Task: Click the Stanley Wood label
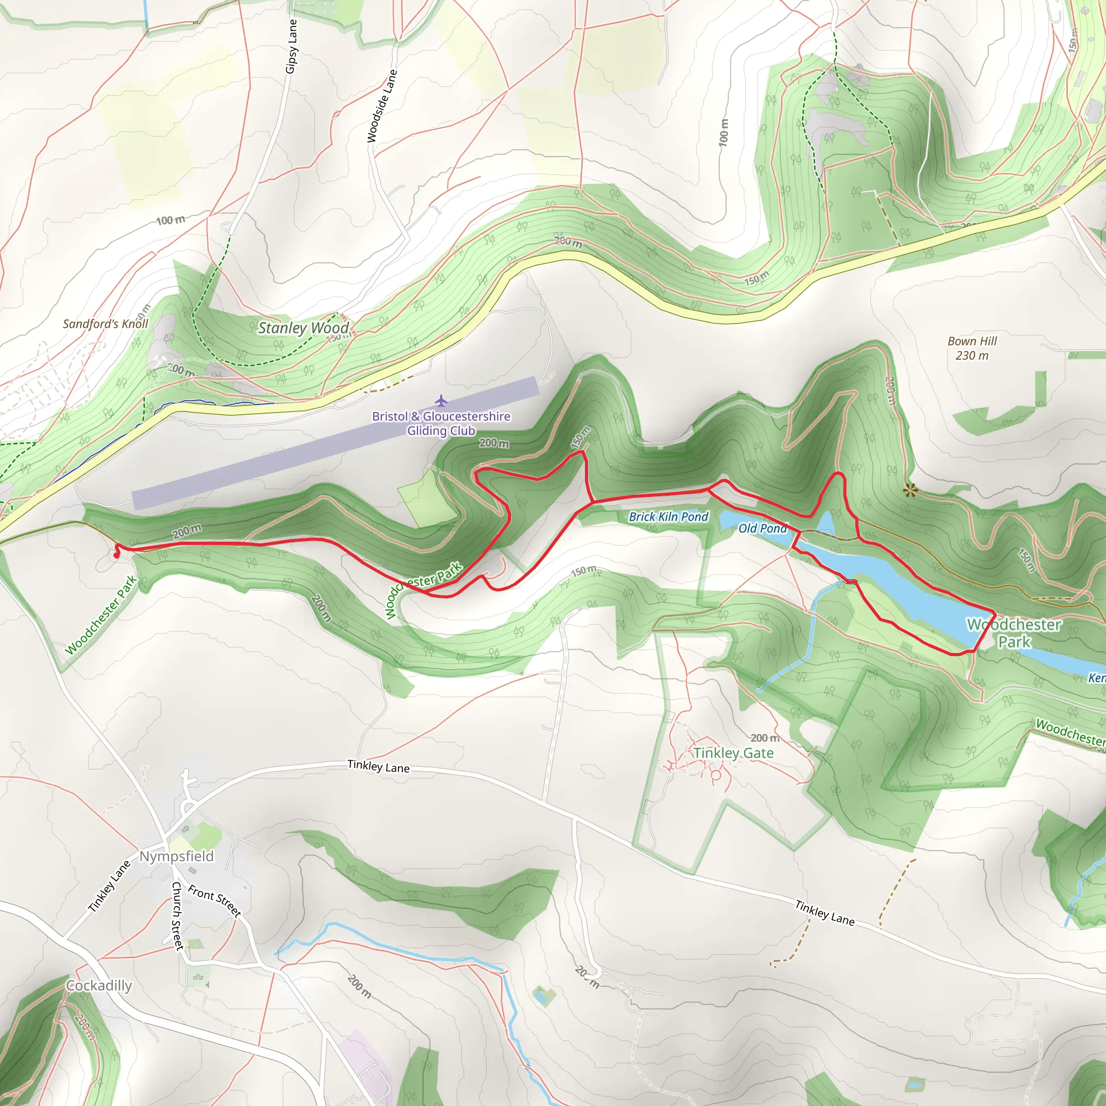[x=303, y=328]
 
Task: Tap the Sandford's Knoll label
[x=105, y=324]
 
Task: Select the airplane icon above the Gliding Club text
[x=440, y=400]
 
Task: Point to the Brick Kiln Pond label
[x=668, y=517]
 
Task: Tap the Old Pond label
[x=763, y=528]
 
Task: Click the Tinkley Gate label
[x=733, y=753]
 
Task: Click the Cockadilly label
[x=98, y=986]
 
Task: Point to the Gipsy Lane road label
[x=292, y=46]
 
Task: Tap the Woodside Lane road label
[x=382, y=106]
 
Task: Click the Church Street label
[x=178, y=916]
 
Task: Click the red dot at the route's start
[x=116, y=555]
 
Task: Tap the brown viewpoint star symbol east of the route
[x=909, y=490]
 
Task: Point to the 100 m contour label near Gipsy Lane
[x=170, y=220]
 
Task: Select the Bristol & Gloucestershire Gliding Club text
[x=441, y=423]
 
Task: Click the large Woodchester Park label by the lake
[x=1014, y=633]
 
